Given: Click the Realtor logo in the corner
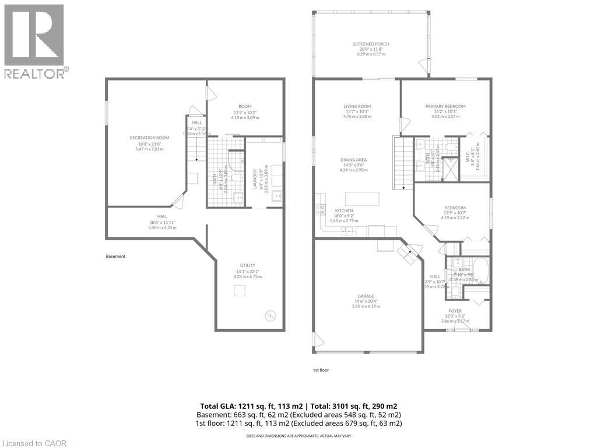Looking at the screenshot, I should coord(34,41).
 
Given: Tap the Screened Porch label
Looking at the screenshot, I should coord(371,44).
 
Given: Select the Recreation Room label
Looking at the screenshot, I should coord(145,138).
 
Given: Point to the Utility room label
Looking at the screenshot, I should coord(248,265).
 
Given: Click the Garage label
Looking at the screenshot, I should coord(366,296).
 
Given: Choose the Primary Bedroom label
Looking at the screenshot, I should coord(445,106).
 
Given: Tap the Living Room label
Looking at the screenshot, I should coord(357,106).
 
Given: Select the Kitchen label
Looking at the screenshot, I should coord(343,211).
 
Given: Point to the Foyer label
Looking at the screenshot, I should coord(455,311).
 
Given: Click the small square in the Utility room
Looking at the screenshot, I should coord(240,290).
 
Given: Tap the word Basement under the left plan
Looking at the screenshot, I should coord(115,256).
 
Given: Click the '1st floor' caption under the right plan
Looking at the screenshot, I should coord(321,370).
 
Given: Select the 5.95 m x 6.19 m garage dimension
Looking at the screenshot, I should coord(366,306).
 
